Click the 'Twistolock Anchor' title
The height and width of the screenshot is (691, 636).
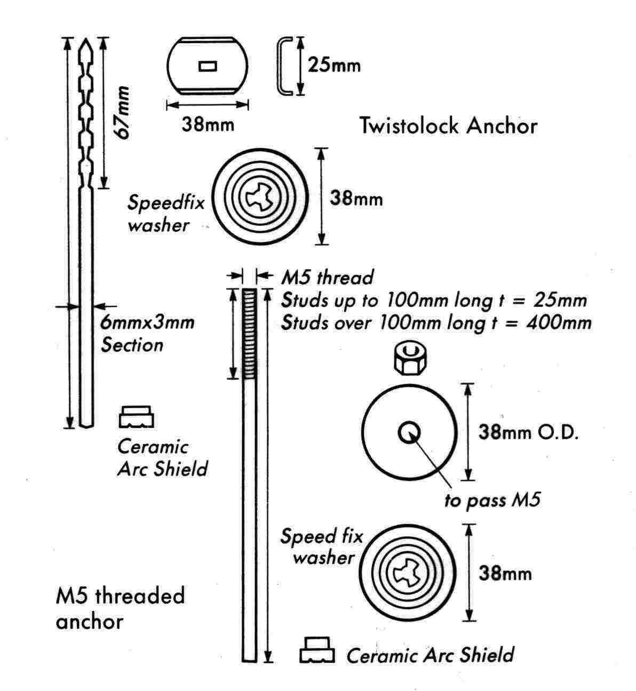pos(448,126)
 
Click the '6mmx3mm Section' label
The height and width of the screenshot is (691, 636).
pos(147,333)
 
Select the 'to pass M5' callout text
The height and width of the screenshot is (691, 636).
pos(492,501)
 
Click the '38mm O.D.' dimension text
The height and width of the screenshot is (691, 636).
pos(528,432)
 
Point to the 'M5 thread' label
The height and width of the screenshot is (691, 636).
pos(327,277)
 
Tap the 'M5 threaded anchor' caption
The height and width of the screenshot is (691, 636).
pos(120,608)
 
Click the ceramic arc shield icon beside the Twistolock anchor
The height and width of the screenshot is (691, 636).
pos(136,417)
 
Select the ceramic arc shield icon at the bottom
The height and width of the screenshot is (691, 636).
pos(317,650)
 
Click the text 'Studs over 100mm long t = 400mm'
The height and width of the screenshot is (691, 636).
pos(436,323)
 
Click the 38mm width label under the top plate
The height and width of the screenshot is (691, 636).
pos(208,125)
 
